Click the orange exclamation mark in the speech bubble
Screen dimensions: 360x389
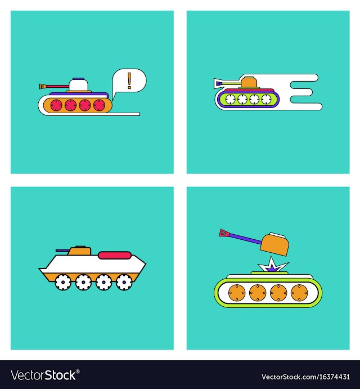129,81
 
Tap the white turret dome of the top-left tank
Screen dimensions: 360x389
79,85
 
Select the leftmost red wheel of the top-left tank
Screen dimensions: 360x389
56,105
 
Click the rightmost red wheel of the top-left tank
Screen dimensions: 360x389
100,105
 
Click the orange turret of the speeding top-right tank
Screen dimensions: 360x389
249,82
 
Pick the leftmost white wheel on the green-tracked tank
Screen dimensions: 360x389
231,99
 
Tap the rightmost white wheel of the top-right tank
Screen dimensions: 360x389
266,99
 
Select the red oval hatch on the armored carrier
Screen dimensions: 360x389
115,255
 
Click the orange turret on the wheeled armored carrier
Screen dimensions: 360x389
79,251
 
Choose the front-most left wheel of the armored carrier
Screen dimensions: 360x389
63,282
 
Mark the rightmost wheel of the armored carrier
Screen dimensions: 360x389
124,282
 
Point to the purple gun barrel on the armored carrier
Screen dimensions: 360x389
62,251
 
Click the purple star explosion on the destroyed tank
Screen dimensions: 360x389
272,267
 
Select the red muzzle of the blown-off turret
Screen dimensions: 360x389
224,233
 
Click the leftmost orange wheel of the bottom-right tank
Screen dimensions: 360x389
237,293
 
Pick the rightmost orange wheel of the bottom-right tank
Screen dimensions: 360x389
299,293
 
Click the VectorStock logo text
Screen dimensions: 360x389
45,375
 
